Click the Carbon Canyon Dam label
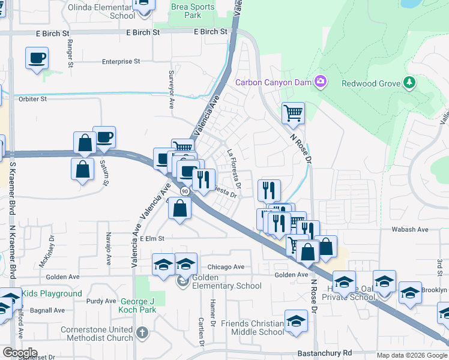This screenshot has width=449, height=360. coord(274,82)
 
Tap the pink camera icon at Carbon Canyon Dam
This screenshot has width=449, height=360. coord(321,81)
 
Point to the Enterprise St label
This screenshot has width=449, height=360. coord(121,61)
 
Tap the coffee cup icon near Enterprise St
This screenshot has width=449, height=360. coord(37,58)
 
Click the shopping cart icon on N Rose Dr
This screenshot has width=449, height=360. coord(293,112)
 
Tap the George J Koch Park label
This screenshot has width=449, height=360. coord(129,310)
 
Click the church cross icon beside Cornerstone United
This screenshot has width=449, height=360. coord(142,331)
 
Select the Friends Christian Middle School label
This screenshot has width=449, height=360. coord(252,328)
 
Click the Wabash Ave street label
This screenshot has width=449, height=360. coord(410,229)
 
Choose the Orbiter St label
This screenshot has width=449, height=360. coord(33,98)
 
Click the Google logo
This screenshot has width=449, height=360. coord(19,353)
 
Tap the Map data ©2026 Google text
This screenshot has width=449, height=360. coord(412,355)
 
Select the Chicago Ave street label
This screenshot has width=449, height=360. coord(226,267)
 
